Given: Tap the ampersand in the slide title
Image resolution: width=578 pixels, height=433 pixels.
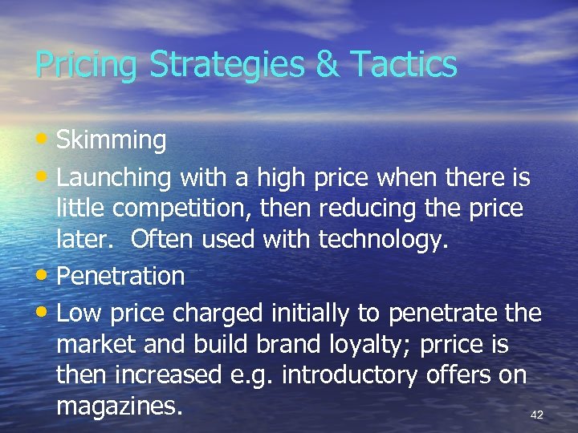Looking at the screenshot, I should pyautogui.click(x=328, y=63).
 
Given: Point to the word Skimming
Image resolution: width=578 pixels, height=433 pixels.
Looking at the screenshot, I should pyautogui.click(x=111, y=140).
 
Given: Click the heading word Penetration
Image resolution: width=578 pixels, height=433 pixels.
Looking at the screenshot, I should pyautogui.click(x=120, y=277).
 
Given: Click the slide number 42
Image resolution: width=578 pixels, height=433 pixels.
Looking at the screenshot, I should pyautogui.click(x=537, y=415).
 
